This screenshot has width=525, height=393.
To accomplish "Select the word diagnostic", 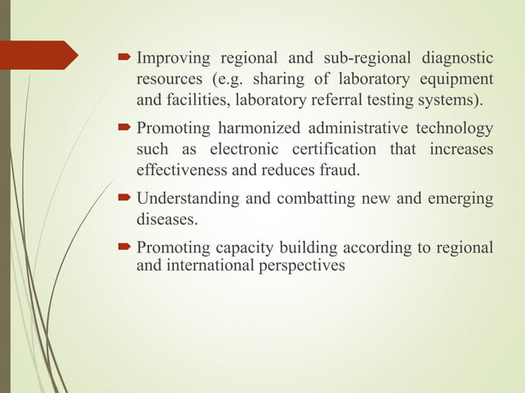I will coord(457,59).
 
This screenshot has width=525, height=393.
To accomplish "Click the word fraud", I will coord(338,171).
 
